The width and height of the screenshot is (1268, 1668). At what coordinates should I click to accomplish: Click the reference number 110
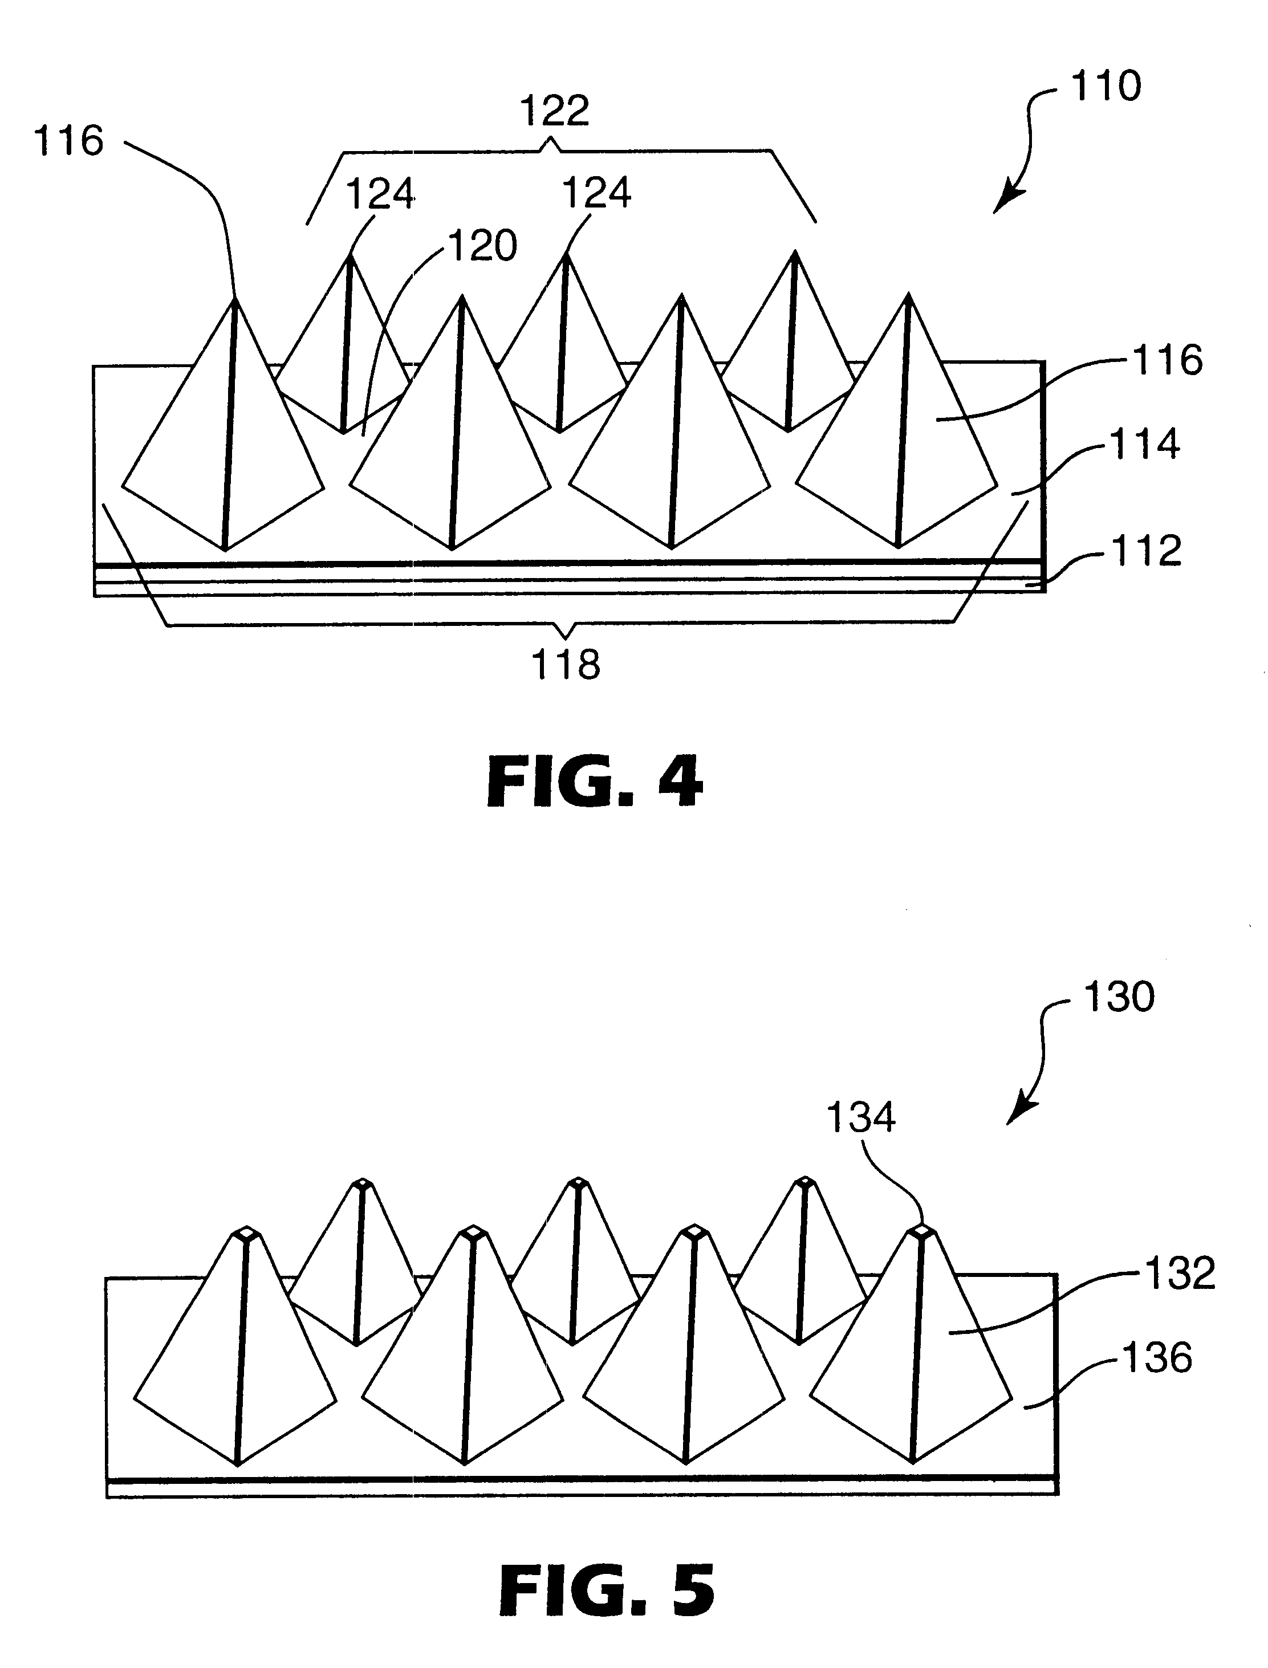pos(1106,86)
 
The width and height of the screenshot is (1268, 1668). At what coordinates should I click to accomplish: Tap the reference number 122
pos(555,111)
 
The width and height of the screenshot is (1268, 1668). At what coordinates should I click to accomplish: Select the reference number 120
pos(483,246)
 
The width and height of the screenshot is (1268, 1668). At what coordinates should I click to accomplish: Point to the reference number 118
pos(566,665)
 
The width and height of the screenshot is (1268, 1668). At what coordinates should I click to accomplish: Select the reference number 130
pos(1119,997)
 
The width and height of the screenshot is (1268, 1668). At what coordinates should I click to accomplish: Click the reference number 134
pos(860,1117)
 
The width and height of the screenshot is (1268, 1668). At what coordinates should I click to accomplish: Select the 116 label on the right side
pos(1168,360)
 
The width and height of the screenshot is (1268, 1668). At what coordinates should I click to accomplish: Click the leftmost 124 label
pos(380,194)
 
